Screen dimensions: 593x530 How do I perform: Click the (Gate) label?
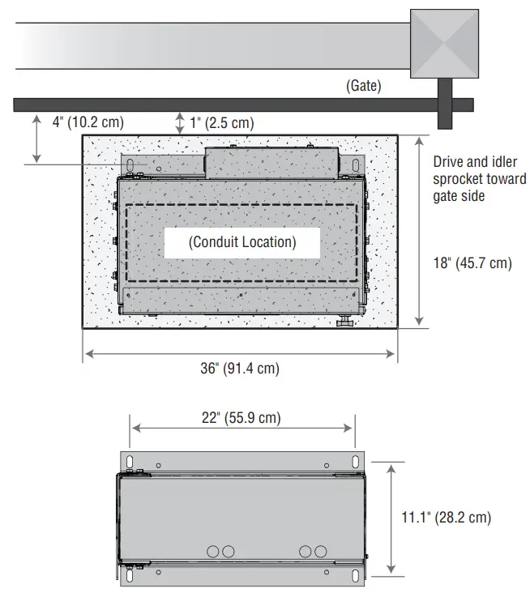pyautogui.click(x=364, y=85)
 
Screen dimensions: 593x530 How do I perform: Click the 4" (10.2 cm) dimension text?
pyautogui.click(x=88, y=122)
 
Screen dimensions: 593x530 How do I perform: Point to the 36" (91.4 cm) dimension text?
pyautogui.click(x=240, y=369)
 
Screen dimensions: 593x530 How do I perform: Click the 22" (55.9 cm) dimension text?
pyautogui.click(x=241, y=418)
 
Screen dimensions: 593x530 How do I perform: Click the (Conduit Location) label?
pyautogui.click(x=242, y=241)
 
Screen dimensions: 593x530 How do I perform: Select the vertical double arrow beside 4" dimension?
pyautogui.click(x=36, y=139)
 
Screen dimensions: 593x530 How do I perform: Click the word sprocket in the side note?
pyautogui.click(x=456, y=179)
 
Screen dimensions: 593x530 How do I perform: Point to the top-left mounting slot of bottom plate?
pyautogui.click(x=129, y=462)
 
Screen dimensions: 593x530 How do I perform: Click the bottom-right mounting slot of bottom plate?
pyautogui.click(x=355, y=577)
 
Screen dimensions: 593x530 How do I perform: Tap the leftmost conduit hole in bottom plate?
pyautogui.click(x=213, y=551)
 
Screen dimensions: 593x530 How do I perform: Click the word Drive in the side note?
pyautogui.click(x=448, y=162)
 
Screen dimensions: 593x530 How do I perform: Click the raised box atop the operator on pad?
pyautogui.click(x=270, y=162)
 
